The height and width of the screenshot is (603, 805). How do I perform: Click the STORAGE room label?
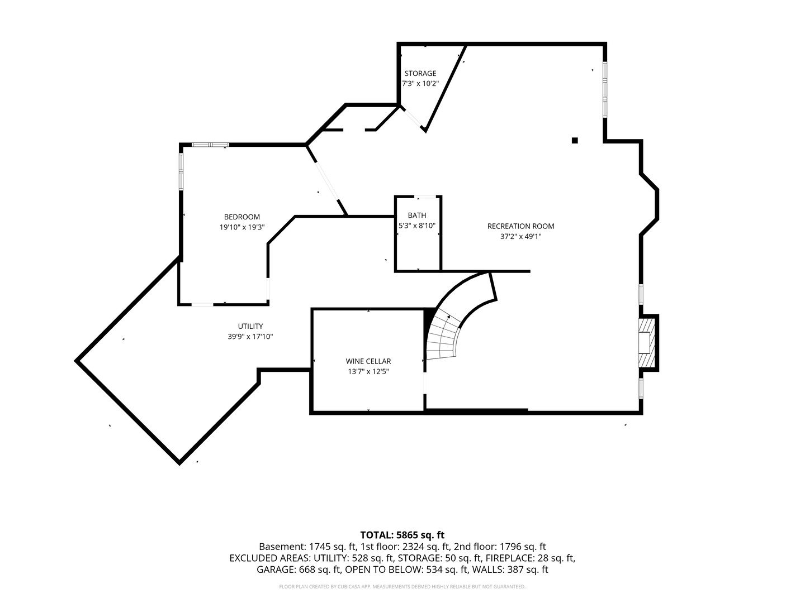(x=420, y=73)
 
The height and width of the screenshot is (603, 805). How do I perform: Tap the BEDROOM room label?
(x=241, y=217)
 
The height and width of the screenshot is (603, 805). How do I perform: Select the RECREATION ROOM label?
(x=520, y=226)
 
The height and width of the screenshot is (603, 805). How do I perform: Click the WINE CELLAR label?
(x=368, y=361)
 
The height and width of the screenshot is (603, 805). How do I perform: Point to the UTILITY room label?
(x=250, y=326)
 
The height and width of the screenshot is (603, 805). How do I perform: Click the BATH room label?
(x=416, y=215)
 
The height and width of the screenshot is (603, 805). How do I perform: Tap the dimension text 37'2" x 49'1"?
(x=520, y=236)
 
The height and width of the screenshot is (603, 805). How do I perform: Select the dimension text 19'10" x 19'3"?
(x=241, y=227)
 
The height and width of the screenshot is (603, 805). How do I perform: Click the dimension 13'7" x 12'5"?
(x=368, y=371)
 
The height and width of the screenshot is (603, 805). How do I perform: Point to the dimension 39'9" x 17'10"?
(x=250, y=337)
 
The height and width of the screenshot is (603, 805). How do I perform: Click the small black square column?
(x=574, y=140)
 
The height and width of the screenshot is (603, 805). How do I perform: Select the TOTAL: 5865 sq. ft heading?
(x=402, y=535)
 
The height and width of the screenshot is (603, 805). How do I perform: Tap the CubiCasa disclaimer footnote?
(x=402, y=587)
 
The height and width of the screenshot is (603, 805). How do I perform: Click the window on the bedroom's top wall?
(x=210, y=145)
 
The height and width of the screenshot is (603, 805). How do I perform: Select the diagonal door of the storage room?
(x=414, y=118)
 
